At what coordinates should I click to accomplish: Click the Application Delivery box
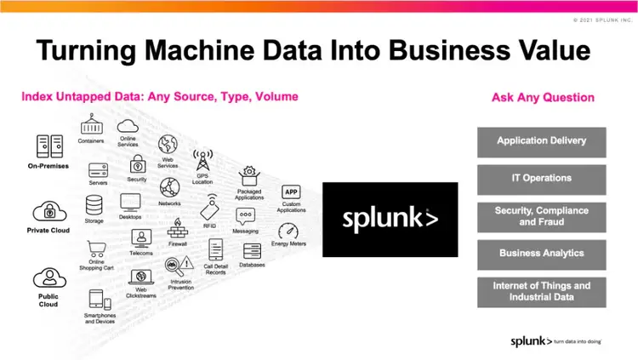542,141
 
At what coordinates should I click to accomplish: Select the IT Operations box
542,179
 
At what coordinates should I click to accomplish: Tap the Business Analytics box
542,253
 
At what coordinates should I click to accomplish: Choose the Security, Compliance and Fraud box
542,216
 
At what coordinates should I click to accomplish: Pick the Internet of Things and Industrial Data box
542,291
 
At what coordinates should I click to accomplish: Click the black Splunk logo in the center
390,220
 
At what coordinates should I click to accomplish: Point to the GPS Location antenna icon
203,161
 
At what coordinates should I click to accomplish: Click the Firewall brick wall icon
179,228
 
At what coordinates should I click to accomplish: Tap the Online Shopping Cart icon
97,248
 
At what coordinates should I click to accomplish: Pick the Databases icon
252,251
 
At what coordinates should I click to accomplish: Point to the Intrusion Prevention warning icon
183,266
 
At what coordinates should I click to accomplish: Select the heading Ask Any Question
543,97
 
